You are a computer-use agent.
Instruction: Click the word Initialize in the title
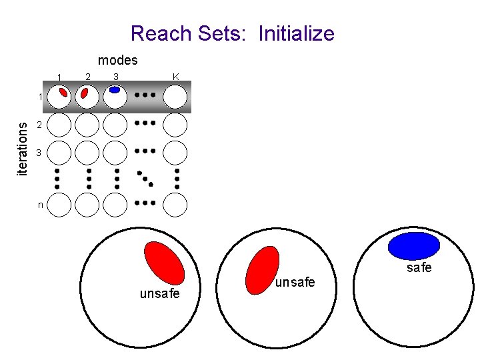(x=296, y=33)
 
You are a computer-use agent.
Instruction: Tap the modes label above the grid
(x=117, y=60)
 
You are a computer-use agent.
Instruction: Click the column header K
(x=175, y=77)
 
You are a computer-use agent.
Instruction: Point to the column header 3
(x=116, y=77)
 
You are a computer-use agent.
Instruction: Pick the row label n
(x=40, y=205)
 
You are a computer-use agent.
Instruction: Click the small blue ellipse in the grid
(x=115, y=89)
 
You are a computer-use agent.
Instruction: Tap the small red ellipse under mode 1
(x=63, y=93)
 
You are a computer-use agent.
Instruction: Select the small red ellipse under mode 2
(x=85, y=93)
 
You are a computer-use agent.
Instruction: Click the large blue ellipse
(x=414, y=245)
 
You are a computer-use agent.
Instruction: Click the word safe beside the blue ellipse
(x=419, y=268)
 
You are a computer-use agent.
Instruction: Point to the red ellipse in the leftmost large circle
(x=165, y=263)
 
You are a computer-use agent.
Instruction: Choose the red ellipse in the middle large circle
(x=262, y=270)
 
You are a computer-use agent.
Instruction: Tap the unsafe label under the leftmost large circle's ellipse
(x=159, y=293)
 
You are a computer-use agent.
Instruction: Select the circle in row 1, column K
(x=175, y=97)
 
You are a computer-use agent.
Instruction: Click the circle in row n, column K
(x=175, y=205)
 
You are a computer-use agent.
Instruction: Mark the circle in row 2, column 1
(x=59, y=124)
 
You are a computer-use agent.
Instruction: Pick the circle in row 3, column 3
(x=115, y=152)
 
